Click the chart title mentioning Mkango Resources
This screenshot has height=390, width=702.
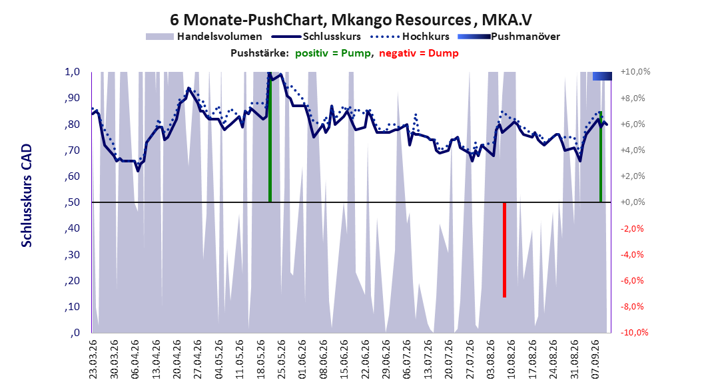350,20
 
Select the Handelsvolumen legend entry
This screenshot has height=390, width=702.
204,37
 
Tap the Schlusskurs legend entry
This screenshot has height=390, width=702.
316,37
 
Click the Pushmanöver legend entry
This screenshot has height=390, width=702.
509,37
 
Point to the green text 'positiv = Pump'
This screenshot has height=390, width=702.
333,53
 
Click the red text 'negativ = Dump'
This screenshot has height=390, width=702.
419,53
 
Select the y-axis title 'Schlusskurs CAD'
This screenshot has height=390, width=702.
27,196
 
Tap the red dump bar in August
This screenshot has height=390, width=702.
505,250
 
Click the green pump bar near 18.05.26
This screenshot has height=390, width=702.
270,137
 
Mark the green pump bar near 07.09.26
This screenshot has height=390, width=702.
601,156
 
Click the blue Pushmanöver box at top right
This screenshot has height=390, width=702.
602,76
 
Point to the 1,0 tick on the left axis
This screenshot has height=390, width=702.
73,72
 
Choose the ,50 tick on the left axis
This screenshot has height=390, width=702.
72,202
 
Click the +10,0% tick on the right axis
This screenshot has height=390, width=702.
635,72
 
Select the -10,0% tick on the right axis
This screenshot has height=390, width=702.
634,332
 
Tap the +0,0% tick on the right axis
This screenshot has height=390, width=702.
633,202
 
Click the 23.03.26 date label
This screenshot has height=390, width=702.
93,359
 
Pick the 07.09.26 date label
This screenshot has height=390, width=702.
595,359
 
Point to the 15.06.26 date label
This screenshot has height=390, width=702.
344,359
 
